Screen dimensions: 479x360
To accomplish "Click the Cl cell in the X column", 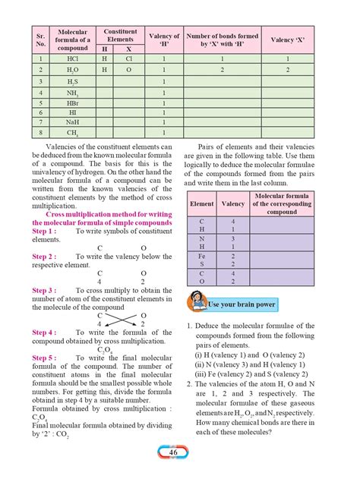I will [x=128, y=58].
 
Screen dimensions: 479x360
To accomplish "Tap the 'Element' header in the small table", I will [x=202, y=203].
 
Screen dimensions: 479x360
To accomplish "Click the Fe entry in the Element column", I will [x=201, y=257].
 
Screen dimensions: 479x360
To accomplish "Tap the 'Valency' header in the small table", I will [x=232, y=203].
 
